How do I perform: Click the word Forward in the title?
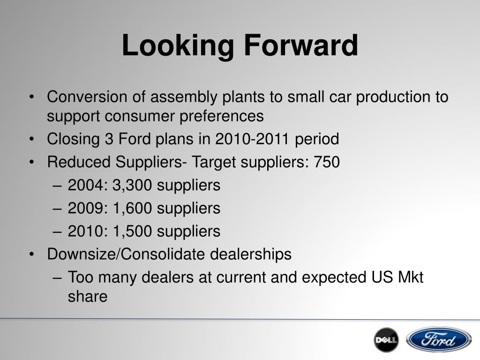point(301,46)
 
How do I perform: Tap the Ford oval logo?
point(439,340)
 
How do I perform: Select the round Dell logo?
point(386,340)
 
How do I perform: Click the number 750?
point(327,162)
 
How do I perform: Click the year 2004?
point(86,185)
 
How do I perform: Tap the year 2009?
point(86,208)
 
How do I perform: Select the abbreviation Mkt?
point(410,277)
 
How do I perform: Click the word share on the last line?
point(88,296)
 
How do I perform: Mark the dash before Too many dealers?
point(58,277)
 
